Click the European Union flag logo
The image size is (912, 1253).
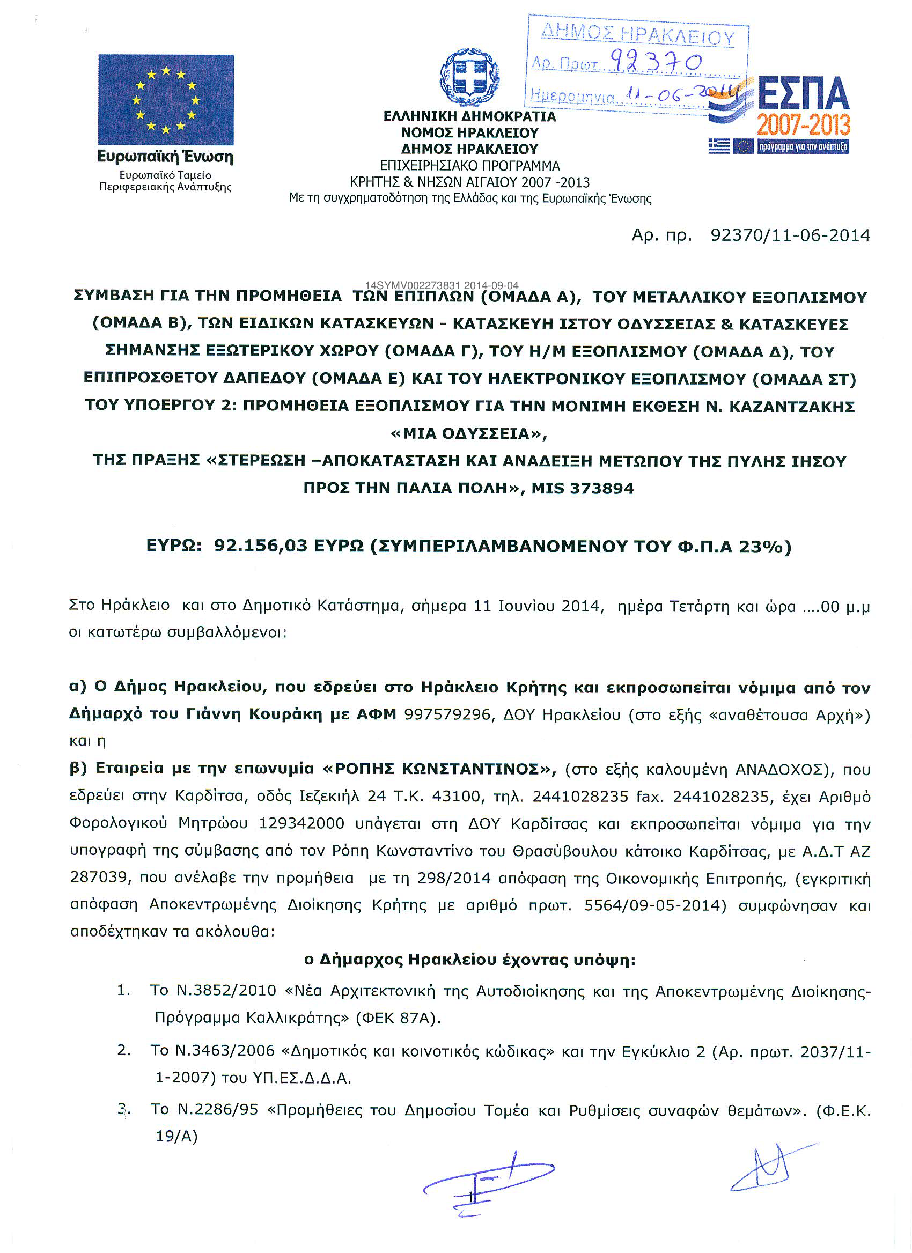(x=166, y=99)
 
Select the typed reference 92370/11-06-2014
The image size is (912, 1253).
(x=790, y=235)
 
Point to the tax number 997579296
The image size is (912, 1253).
(x=447, y=715)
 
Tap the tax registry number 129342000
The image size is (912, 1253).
(x=301, y=823)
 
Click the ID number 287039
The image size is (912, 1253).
(x=99, y=878)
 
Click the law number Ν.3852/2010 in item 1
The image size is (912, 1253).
(x=226, y=990)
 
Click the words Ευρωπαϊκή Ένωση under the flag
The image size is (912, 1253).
(x=165, y=157)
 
